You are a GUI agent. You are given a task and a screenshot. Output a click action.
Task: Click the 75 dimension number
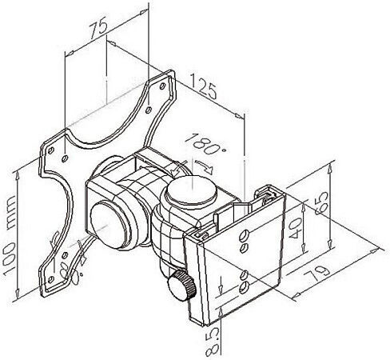click(98, 27)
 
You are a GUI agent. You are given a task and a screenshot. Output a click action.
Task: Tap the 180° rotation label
click(207, 144)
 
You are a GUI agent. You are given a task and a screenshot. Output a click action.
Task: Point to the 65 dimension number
click(321, 203)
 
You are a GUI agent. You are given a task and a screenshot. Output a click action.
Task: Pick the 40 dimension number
click(295, 227)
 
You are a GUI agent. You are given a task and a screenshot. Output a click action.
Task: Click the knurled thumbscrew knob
click(181, 285)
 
